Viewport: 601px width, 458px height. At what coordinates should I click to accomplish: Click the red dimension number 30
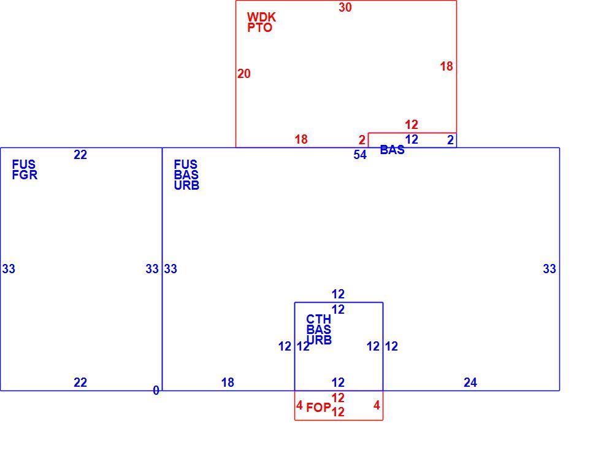345,7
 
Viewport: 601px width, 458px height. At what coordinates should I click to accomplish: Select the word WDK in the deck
261,17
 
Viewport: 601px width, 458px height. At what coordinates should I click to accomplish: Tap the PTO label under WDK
260,28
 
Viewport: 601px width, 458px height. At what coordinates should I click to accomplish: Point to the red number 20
244,73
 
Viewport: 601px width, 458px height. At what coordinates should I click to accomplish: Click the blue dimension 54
360,155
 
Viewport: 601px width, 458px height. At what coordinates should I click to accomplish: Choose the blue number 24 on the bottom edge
470,382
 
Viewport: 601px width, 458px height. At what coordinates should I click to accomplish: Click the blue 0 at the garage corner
156,390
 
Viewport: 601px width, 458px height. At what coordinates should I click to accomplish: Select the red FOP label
318,408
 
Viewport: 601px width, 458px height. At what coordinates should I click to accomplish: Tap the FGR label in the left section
25,175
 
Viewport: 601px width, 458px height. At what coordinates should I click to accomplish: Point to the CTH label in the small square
318,319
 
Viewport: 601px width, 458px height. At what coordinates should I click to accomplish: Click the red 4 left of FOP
299,405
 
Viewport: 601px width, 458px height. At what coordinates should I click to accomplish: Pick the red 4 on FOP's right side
377,405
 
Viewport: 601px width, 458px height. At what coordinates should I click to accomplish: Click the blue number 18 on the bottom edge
228,382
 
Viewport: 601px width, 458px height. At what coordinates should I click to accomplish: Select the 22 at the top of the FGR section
80,155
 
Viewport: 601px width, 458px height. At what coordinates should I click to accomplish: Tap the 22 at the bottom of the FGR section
80,382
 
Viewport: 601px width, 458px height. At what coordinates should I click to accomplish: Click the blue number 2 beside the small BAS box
450,140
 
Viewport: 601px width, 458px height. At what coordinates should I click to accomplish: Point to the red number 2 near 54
362,140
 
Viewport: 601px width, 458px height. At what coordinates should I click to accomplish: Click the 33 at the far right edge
549,268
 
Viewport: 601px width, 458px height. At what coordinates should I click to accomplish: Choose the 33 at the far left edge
9,268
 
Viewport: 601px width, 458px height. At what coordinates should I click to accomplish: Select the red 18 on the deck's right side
446,66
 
